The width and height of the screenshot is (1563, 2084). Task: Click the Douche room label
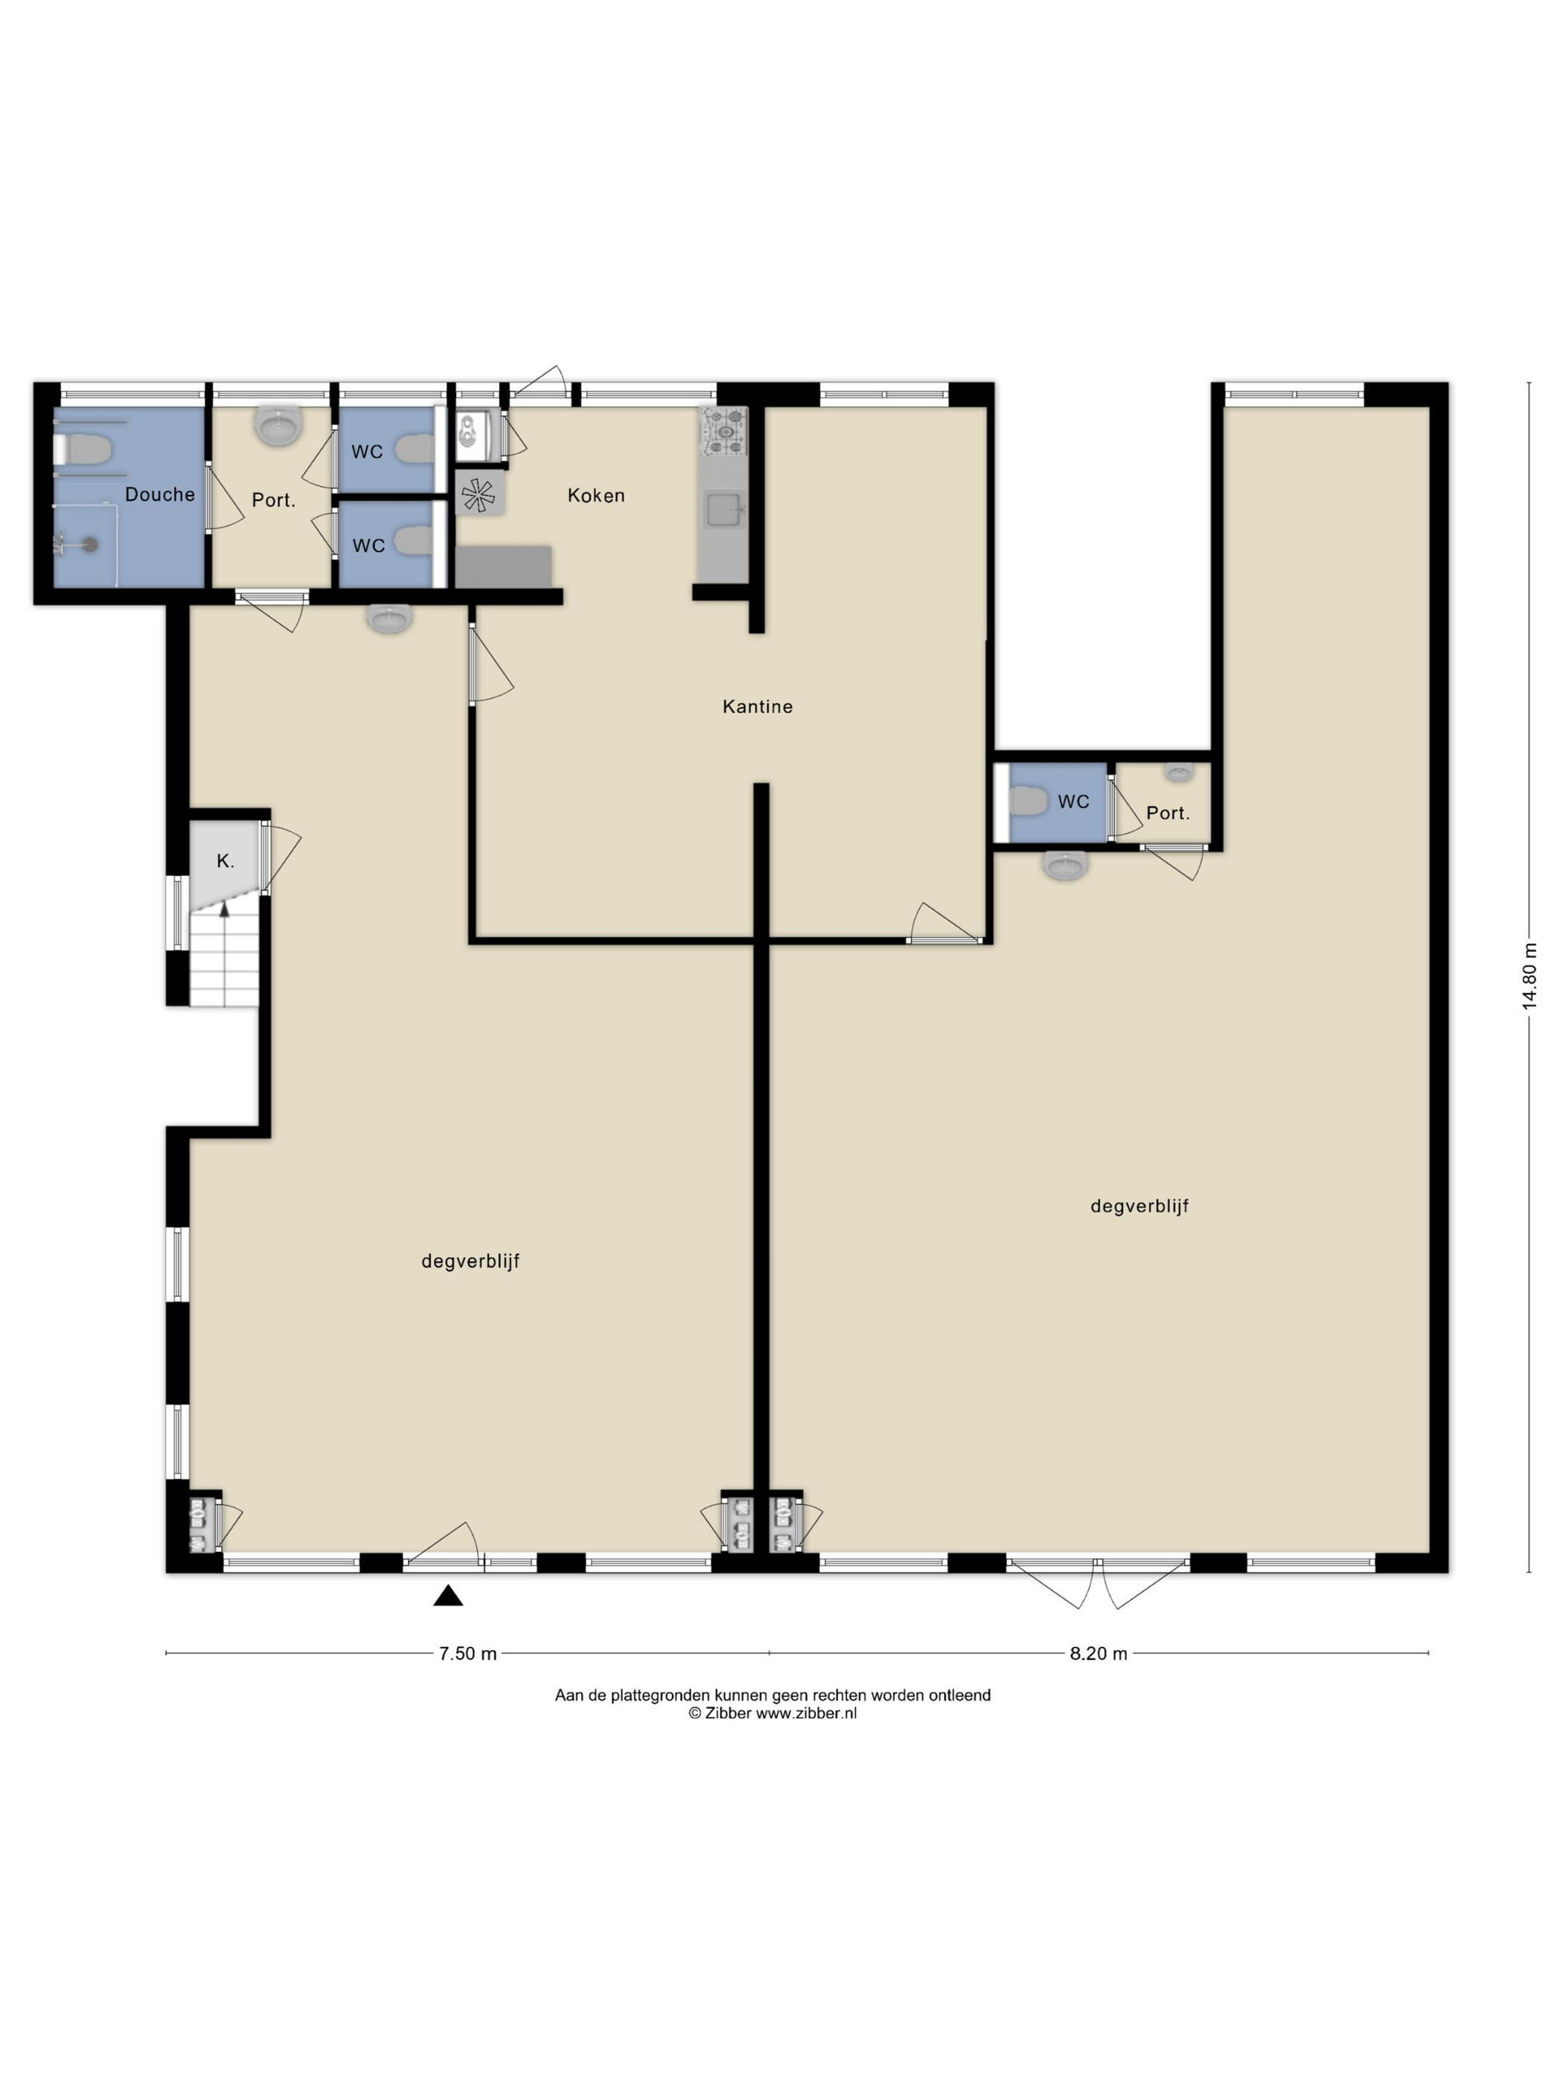pos(160,495)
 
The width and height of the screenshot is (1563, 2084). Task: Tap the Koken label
pos(595,496)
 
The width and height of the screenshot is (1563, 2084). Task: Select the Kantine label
pos(758,706)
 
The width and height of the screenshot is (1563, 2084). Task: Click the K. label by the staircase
pos(226,861)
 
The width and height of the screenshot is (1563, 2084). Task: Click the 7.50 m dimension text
pos(468,1654)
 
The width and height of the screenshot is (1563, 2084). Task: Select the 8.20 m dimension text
pos(1099,1654)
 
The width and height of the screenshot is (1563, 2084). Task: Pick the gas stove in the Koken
pos(723,430)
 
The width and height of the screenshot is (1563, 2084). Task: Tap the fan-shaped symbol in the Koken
pos(479,495)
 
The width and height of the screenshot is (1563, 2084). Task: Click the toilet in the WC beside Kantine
pos(1028,802)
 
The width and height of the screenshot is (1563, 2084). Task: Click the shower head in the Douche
pos(89,543)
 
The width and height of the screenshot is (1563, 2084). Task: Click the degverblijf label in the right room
pos(1139,1206)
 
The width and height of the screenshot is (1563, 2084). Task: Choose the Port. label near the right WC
pos(1167,813)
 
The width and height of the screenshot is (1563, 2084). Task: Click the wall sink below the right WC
pos(1066,864)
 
